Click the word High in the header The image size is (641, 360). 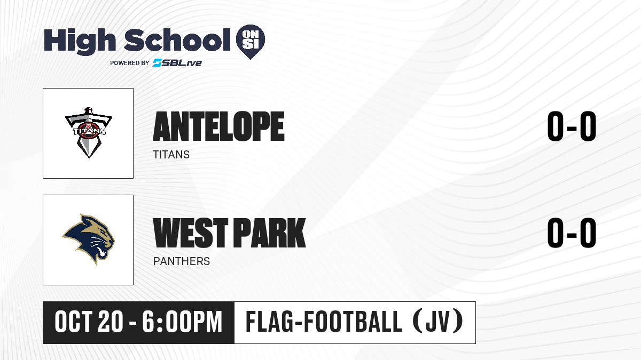(80, 41)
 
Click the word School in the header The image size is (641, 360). (177, 40)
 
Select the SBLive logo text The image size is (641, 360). (177, 62)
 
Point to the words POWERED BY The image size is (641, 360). (130, 63)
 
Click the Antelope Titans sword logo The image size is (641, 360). (89, 133)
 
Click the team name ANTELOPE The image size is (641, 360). (218, 126)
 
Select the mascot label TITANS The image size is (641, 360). (171, 155)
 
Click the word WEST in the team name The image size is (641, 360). (191, 233)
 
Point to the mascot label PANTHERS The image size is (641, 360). (182, 261)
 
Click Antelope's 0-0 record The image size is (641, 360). (572, 126)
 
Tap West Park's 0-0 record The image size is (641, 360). (572, 233)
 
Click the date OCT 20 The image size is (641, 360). (89, 322)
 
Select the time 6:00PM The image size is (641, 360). (182, 322)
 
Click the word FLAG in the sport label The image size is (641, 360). (269, 322)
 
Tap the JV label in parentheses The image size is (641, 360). (438, 322)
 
